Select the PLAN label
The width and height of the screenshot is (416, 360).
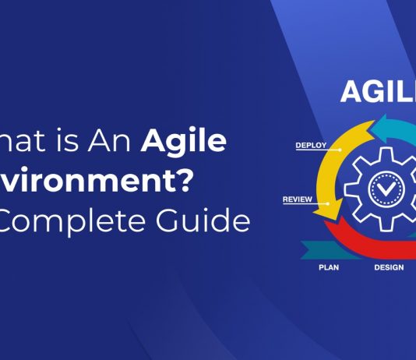(328, 267)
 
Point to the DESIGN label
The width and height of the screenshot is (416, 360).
(388, 267)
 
